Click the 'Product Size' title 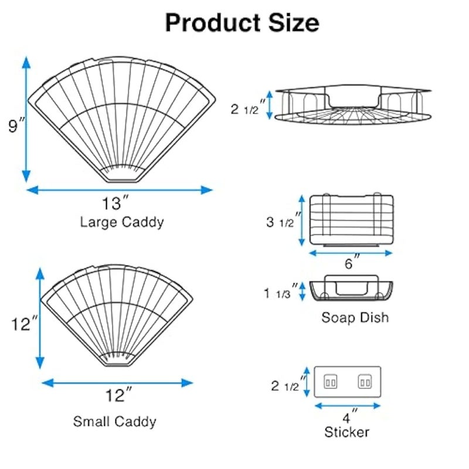point(242,23)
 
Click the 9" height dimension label point(16,125)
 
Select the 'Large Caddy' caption point(122,222)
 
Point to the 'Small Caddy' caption point(114,422)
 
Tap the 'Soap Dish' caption point(355,317)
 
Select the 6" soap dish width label point(352,262)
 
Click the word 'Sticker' point(347,432)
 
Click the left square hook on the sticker point(331,382)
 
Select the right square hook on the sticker point(365,382)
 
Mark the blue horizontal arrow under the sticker point(348,406)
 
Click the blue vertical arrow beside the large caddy point(26,119)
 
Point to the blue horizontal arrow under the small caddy point(117,383)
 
